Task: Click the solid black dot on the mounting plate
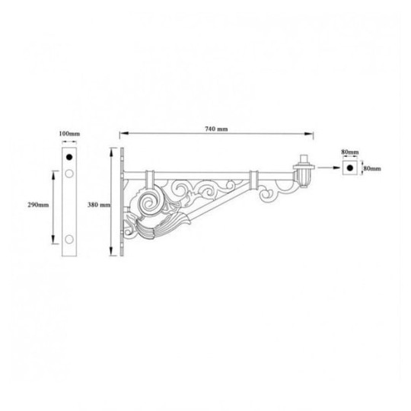69,157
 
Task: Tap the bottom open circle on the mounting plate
69,241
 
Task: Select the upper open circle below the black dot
69,174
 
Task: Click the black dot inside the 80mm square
349,168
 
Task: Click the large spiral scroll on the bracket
150,202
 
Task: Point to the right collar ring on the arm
253,179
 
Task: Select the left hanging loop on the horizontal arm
150,177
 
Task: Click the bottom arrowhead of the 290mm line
53,237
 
